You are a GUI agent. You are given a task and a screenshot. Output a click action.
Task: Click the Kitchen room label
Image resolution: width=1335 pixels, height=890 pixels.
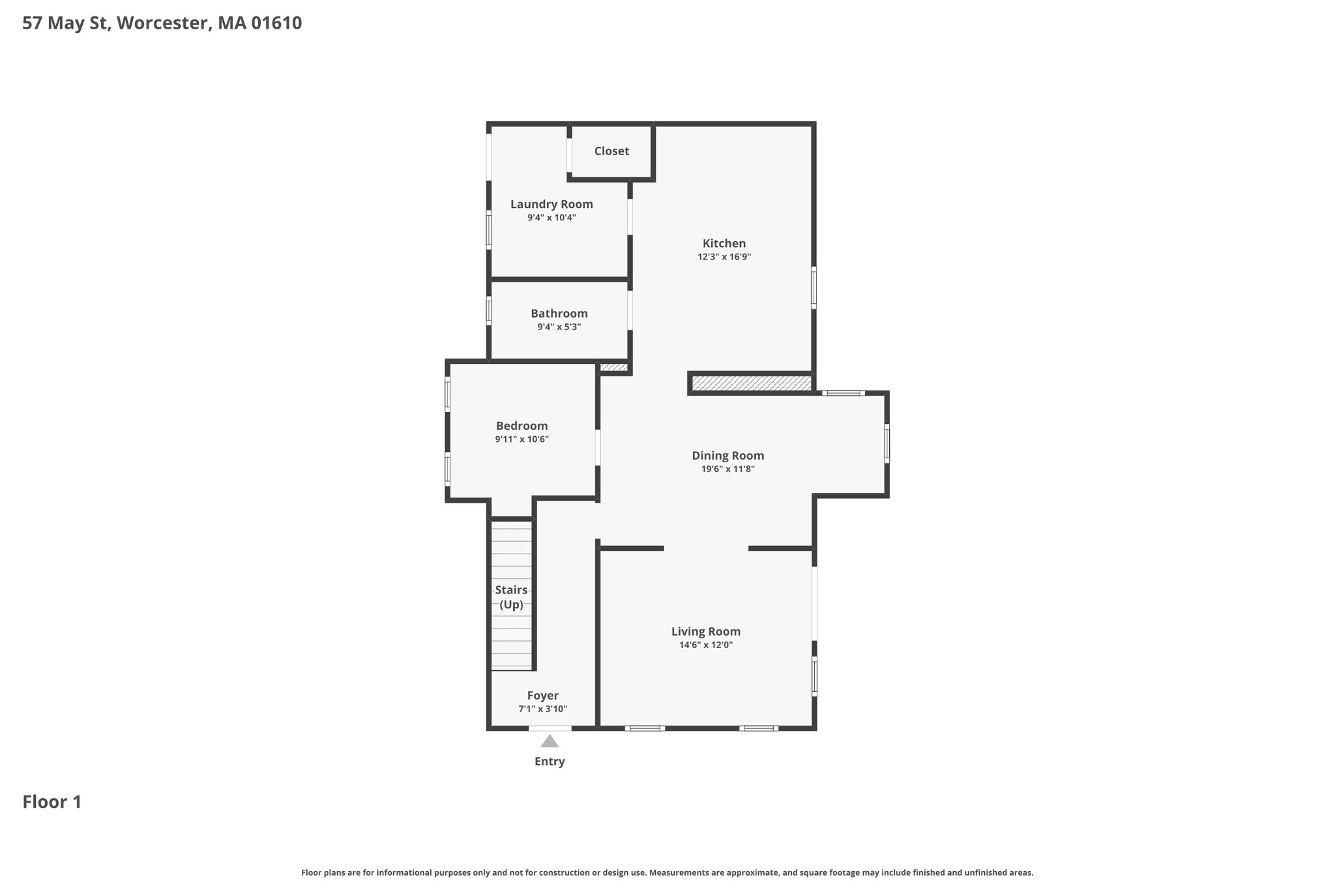point(724,243)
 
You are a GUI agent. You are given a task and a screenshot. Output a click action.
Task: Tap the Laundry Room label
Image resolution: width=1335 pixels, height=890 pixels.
point(551,204)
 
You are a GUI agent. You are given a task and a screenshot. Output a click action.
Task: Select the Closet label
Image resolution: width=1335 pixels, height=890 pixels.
point(611,151)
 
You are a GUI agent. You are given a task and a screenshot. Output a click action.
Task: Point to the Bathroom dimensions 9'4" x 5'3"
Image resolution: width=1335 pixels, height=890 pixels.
point(559,327)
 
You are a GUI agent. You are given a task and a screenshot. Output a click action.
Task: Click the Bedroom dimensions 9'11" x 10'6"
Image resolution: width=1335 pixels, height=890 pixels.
point(521,439)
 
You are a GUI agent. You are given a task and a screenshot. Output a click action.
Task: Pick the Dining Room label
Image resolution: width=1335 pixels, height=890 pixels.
point(727,456)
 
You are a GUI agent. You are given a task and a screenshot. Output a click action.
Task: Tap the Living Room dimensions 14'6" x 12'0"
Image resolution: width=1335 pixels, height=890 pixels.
point(706,645)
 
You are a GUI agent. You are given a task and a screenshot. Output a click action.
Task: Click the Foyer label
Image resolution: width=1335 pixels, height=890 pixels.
point(542,696)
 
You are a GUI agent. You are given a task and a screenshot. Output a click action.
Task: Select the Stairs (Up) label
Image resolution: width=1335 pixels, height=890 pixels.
point(511,597)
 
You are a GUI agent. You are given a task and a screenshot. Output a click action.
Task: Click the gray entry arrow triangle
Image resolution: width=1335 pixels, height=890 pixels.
point(550,741)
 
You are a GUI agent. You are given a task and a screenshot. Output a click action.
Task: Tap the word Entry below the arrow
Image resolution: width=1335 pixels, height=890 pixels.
point(550,762)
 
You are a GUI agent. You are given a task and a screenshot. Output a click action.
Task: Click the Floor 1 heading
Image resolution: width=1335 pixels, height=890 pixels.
point(52,802)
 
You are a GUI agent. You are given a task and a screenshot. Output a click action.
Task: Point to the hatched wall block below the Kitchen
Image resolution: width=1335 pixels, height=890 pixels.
point(752,383)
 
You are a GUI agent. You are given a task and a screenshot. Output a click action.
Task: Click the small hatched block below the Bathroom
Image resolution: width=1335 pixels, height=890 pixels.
point(613,368)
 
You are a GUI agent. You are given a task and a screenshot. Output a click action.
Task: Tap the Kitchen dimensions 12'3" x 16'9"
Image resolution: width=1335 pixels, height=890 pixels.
point(724,257)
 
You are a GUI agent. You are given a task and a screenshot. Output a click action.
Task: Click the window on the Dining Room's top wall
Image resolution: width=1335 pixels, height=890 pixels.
point(844,393)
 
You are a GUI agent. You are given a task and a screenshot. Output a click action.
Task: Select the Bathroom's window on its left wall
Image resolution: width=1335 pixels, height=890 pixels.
point(489,311)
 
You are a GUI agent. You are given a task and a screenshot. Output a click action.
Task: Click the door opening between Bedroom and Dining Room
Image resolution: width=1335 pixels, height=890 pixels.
point(598,447)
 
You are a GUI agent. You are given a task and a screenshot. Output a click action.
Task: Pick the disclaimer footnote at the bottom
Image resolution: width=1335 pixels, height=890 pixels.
point(667,872)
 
